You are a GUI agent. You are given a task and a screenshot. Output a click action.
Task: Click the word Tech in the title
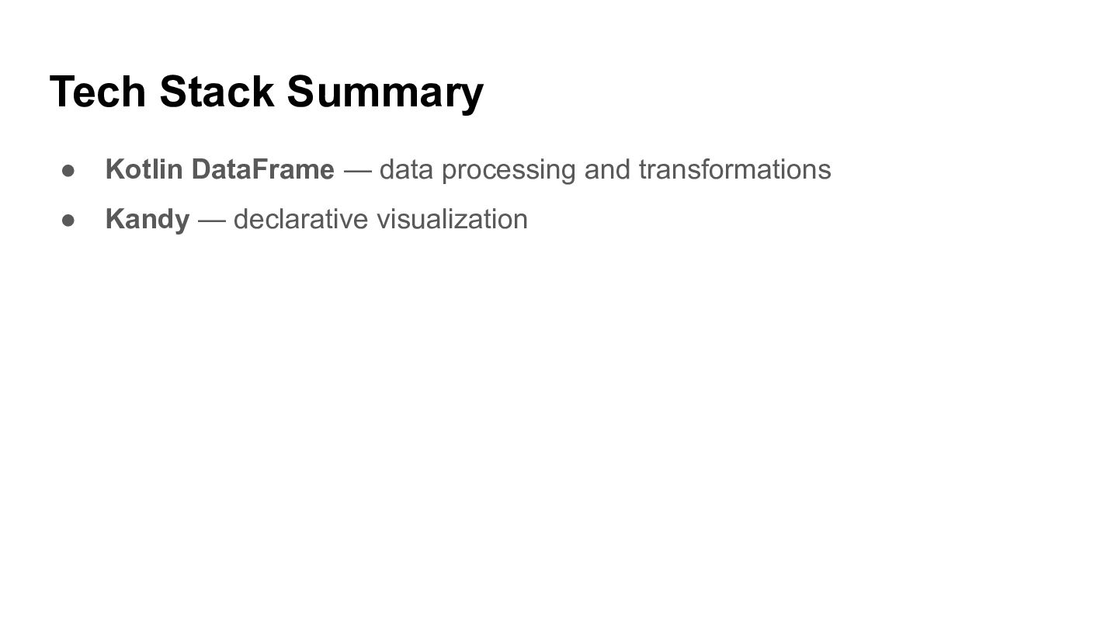[98, 92]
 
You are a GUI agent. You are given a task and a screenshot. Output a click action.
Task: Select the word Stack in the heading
[217, 92]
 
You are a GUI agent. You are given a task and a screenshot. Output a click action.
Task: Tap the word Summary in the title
[385, 95]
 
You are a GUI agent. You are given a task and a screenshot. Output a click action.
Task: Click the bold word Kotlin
[144, 169]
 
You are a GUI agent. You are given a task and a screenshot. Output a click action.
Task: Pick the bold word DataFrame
[263, 169]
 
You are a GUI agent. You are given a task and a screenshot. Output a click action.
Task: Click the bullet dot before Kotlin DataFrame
[68, 171]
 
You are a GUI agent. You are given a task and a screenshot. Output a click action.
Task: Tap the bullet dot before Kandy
[68, 221]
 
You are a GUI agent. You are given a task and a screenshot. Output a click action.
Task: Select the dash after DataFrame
[358, 171]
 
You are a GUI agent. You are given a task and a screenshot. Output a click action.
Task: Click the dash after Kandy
[212, 221]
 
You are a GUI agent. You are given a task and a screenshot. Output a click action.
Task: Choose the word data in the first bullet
[406, 169]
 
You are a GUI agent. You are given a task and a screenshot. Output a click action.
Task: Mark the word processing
[509, 171]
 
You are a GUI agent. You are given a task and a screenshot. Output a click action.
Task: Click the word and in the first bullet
[607, 169]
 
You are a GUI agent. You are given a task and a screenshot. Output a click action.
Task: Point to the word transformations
[735, 169]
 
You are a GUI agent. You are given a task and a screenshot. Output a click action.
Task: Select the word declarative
[300, 219]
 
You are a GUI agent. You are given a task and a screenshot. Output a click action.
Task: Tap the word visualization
[452, 219]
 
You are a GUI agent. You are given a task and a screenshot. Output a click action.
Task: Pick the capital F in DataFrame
[259, 169]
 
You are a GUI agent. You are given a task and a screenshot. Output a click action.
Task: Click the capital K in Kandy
[115, 219]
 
